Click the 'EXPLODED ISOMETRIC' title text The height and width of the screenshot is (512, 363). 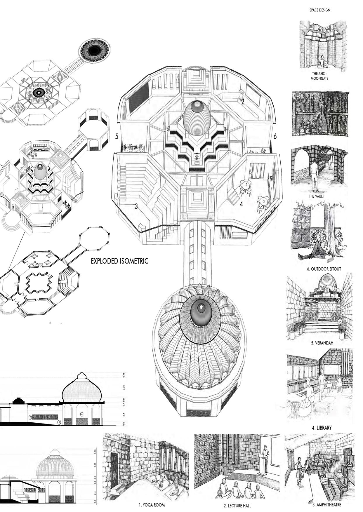pos(119,261)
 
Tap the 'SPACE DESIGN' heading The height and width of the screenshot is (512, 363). pos(320,10)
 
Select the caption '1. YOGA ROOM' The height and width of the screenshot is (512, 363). pos(152,505)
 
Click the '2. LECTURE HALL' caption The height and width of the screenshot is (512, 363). pos(237,506)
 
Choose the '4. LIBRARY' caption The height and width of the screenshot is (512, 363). pos(322,428)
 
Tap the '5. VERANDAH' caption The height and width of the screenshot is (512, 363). pos(322,343)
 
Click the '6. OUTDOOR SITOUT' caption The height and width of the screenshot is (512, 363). pos(324,269)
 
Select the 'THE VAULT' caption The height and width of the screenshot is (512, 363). pos(316,196)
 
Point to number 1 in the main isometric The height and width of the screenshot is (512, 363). pos(149,102)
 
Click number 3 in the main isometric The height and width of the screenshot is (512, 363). pos(136,206)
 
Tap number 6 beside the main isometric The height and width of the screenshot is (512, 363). pos(275,136)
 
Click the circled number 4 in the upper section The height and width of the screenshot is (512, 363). pos(82,414)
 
